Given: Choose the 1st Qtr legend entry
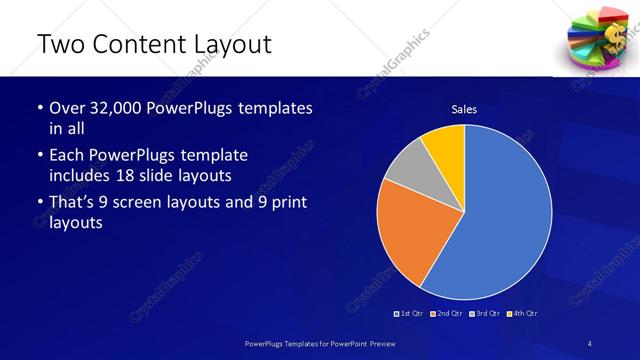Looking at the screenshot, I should click(x=411, y=314).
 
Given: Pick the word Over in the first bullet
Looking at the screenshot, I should click(x=66, y=109).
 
